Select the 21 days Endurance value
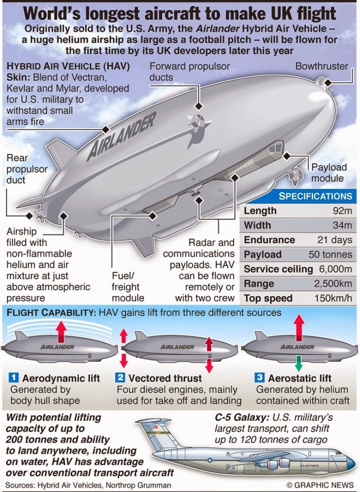(335, 240)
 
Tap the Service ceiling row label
(278, 269)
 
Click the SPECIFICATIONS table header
(315, 196)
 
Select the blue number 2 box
(120, 378)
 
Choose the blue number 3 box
(260, 378)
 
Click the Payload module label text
(329, 173)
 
